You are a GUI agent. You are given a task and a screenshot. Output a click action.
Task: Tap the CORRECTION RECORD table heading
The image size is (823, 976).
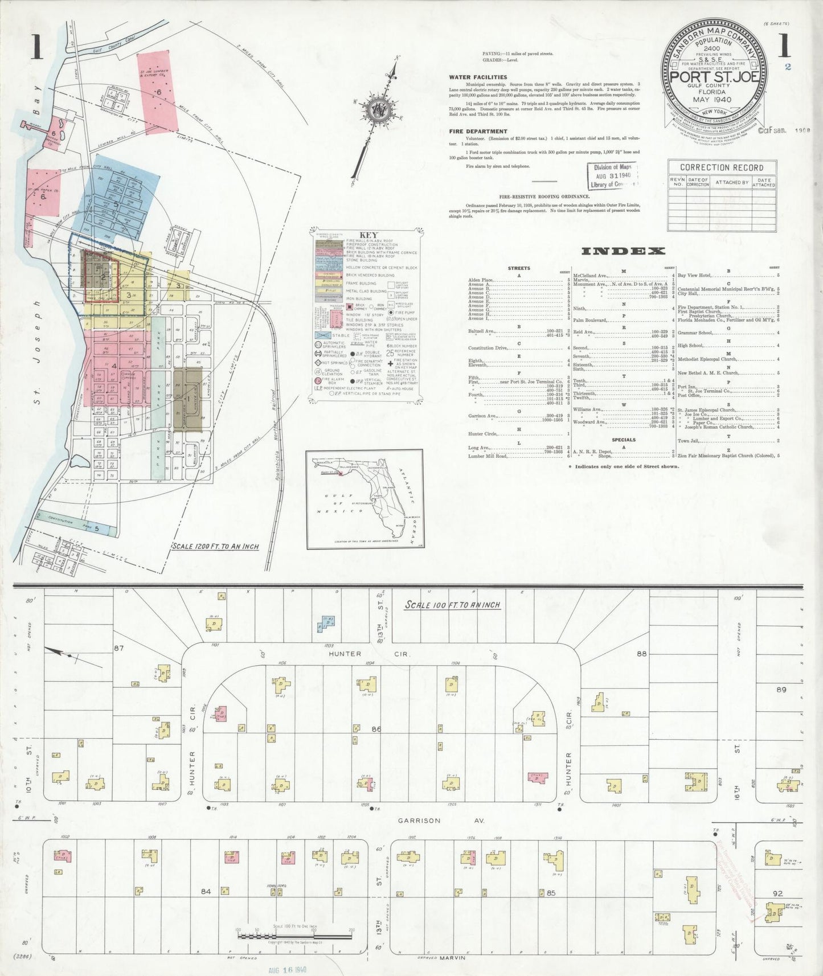[722, 167]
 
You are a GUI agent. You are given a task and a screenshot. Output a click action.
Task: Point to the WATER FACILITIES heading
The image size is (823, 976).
[478, 77]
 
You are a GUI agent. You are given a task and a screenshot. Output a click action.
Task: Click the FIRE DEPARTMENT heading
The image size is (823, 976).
[478, 132]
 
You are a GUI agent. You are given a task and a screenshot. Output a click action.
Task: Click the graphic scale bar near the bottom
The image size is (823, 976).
[294, 934]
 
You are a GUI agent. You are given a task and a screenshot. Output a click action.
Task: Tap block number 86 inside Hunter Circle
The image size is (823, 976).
[376, 729]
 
